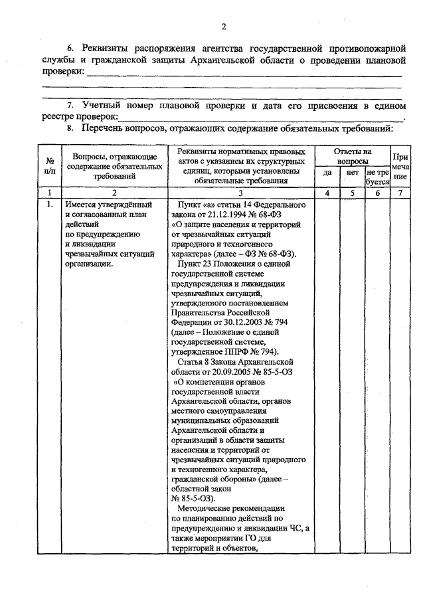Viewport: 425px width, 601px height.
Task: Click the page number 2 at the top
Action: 224,27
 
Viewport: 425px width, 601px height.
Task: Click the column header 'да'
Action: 327,173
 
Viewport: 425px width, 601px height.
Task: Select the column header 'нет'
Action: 352,173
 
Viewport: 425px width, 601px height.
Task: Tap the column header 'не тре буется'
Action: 377,176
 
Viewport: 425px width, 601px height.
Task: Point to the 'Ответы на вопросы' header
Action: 352,156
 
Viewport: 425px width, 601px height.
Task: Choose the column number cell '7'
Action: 400,193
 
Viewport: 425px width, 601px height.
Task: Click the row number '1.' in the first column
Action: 50,204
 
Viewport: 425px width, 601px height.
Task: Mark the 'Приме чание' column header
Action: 400,166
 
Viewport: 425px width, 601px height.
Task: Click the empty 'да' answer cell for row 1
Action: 327,372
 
